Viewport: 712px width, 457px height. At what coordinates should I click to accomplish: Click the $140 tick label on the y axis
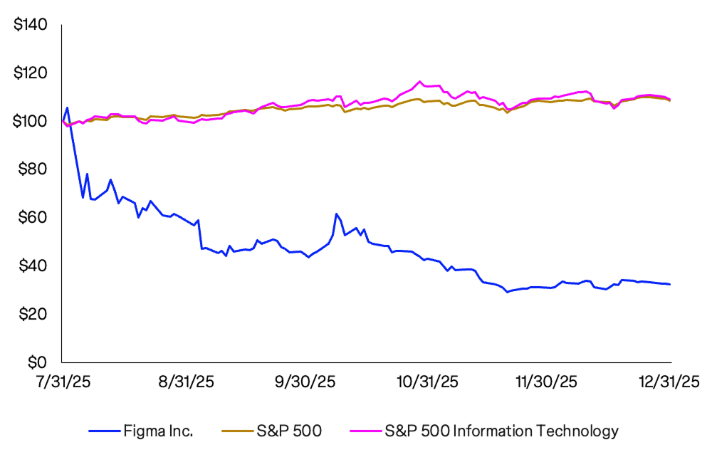click(x=30, y=26)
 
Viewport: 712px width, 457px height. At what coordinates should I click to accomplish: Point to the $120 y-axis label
click(x=30, y=73)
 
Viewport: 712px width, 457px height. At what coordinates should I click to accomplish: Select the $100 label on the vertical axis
click(x=30, y=122)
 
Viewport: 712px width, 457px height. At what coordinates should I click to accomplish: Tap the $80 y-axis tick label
click(x=33, y=169)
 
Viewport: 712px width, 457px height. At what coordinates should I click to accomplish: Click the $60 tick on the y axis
click(x=33, y=218)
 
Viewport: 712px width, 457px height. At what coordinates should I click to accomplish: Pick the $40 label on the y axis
click(x=33, y=266)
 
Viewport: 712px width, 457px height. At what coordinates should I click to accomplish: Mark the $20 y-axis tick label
click(x=33, y=314)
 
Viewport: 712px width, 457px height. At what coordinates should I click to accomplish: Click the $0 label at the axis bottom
click(x=36, y=362)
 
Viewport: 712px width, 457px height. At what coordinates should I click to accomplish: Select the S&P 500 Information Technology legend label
click(x=501, y=431)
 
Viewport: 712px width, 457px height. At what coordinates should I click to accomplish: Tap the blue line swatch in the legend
click(x=107, y=431)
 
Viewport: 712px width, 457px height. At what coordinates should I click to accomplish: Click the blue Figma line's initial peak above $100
click(x=67, y=108)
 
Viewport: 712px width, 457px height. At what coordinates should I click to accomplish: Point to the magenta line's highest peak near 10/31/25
click(x=419, y=81)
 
